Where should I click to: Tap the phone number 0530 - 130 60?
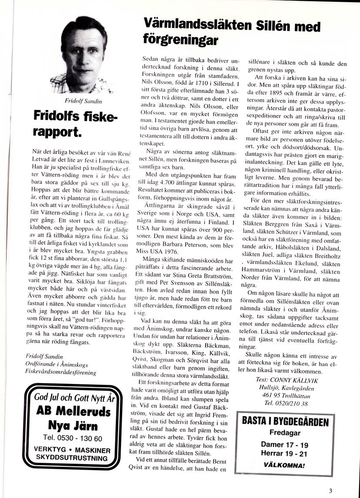73,438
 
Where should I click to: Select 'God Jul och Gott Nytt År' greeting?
73,397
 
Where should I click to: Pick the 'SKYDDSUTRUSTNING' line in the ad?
73,458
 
